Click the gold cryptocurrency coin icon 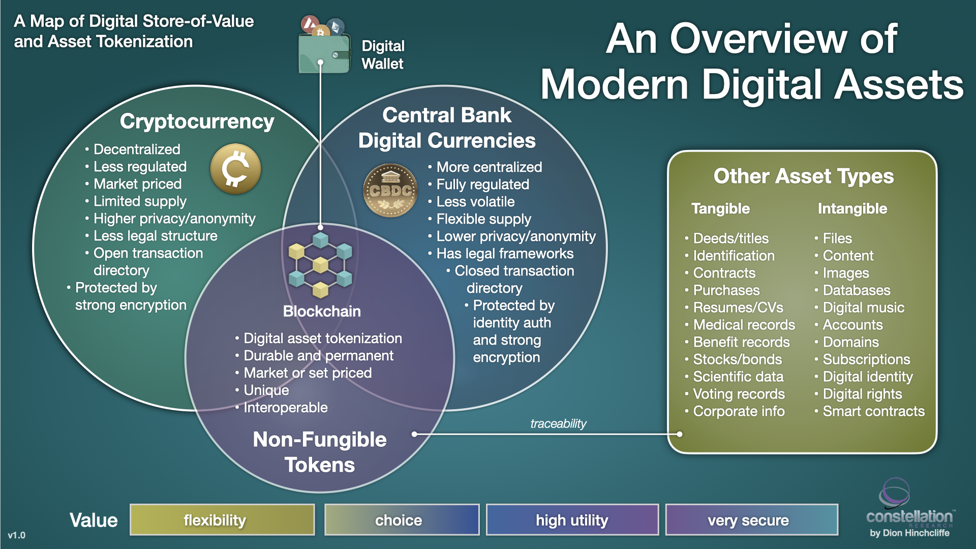tap(235, 169)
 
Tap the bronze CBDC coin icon tap(390, 191)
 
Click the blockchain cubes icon tap(320, 264)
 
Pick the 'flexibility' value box tap(222, 520)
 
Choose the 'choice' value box tap(402, 520)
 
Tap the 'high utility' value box tap(572, 520)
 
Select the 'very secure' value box tap(751, 520)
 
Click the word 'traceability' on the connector tap(558, 423)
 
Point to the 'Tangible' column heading tap(720, 208)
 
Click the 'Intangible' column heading tap(852, 208)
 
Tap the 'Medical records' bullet tap(744, 325)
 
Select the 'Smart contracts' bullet tap(873, 411)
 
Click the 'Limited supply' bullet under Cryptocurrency tap(140, 201)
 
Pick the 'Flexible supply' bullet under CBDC tap(483, 219)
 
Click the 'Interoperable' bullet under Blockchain tap(285, 408)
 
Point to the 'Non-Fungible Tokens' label tap(320, 452)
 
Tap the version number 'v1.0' tap(16, 535)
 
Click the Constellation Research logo tap(909, 508)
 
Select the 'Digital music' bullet tap(863, 308)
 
